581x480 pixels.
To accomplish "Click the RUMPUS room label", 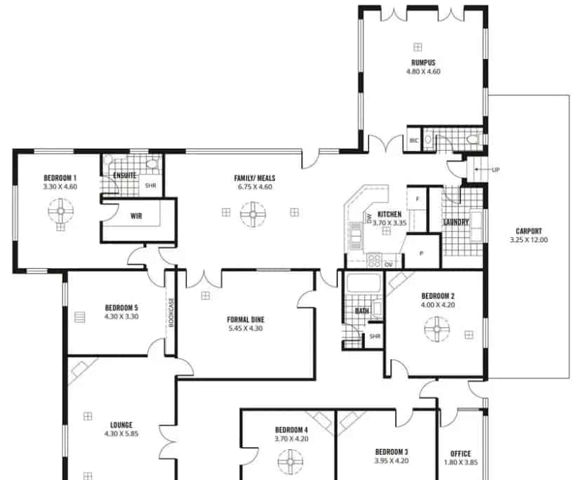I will click(423, 62).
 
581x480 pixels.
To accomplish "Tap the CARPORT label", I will click(528, 231).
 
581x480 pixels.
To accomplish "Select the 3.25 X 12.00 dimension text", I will click(528, 240).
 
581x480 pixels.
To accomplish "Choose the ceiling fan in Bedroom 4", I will click(290, 461).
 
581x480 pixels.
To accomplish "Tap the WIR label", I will click(136, 216).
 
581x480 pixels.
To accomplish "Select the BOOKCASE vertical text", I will click(170, 312).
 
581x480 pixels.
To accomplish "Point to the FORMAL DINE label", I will click(245, 319).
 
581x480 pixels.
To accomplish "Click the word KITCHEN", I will click(389, 214).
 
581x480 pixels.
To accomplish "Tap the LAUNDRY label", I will click(456, 223).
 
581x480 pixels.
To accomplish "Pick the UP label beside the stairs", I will click(495, 169).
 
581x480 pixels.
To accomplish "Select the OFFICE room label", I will click(461, 453).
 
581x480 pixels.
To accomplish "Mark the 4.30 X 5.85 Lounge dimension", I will click(121, 434).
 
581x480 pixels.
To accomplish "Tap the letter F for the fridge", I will click(418, 199).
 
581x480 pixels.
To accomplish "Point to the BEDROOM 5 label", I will click(121, 307).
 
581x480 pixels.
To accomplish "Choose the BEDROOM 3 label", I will click(392, 451).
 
